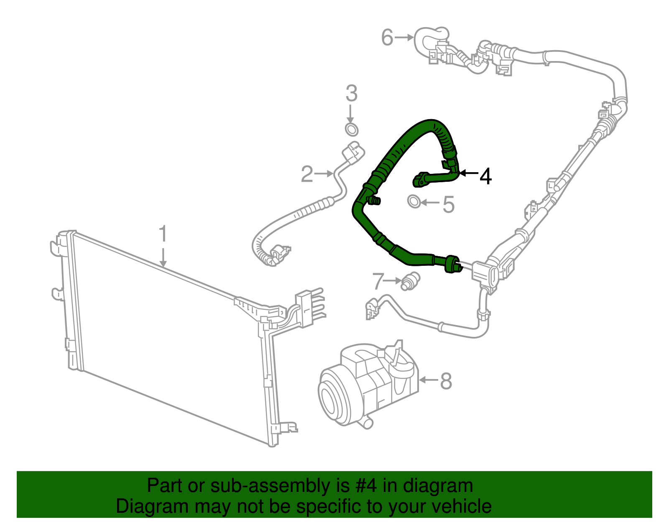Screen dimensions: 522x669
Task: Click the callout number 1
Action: click(163, 234)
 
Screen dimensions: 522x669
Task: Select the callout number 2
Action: click(307, 174)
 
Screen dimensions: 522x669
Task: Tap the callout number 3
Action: click(351, 94)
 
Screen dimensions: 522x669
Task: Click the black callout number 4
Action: click(485, 176)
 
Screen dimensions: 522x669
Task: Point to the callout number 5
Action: click(448, 205)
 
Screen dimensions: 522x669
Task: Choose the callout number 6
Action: click(387, 38)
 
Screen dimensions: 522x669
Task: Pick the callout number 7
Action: click(378, 281)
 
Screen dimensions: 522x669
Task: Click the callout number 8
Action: click(446, 381)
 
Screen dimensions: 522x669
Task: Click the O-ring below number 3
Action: click(352, 129)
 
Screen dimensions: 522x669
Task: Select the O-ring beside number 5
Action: click(414, 201)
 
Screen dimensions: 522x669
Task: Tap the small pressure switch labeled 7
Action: click(409, 281)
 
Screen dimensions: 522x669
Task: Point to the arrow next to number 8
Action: click(428, 380)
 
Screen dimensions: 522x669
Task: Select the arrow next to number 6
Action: click(404, 38)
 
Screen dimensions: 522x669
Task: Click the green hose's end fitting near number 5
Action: click(420, 180)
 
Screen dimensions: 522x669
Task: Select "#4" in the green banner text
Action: click(366, 486)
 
